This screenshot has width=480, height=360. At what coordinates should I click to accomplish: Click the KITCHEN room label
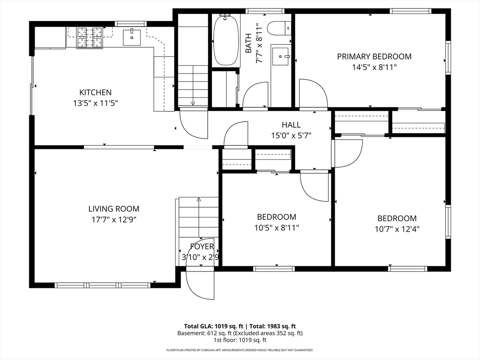(x=95, y=92)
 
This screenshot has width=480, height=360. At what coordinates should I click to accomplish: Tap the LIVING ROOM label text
(x=114, y=209)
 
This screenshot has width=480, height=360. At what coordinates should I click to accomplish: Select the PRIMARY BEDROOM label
(x=374, y=56)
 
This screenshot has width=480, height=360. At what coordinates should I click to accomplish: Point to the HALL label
(x=291, y=125)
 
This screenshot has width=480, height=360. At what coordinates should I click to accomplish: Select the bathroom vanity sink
(x=280, y=56)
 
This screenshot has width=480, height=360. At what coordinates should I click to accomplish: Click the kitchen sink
(x=132, y=37)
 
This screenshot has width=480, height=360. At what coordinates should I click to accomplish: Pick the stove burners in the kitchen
(x=90, y=37)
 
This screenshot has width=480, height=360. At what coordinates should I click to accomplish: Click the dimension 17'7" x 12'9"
(x=114, y=219)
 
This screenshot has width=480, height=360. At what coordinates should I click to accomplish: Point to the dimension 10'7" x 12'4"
(x=397, y=229)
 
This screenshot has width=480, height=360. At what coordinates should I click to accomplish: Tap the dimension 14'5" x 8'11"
(x=374, y=67)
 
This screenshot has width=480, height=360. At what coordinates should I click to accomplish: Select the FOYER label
(x=202, y=247)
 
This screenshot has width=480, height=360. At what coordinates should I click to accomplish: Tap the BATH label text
(x=248, y=43)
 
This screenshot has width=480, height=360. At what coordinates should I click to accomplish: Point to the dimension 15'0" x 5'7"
(x=291, y=135)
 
